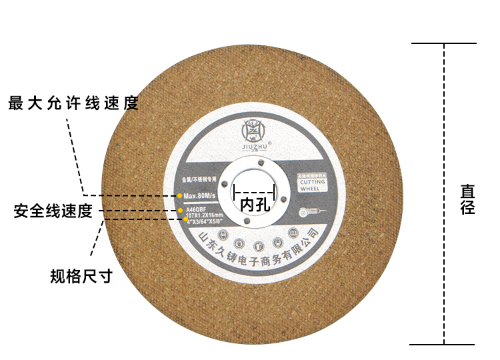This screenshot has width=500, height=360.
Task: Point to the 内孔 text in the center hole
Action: (x=256, y=204)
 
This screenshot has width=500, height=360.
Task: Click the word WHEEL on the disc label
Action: (x=310, y=189)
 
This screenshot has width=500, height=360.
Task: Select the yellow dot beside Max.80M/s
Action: (x=180, y=195)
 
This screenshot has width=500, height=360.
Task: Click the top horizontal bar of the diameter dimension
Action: (x=444, y=44)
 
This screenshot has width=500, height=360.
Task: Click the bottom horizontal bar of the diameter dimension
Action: (x=444, y=345)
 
